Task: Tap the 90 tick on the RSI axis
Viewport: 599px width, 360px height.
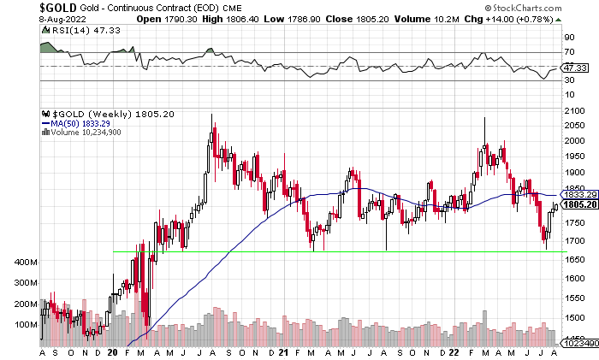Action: pos(567,38)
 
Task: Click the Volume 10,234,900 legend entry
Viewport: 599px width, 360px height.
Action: pos(85,133)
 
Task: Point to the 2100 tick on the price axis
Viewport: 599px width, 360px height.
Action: pos(572,111)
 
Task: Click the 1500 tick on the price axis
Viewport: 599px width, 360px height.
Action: pos(572,317)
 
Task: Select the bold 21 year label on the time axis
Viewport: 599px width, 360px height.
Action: pos(283,351)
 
